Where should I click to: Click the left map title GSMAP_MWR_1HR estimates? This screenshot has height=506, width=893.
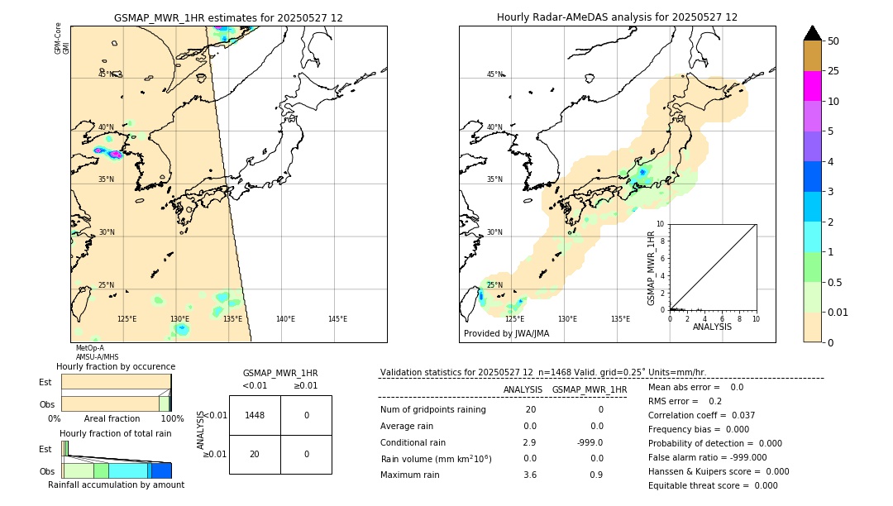coord(228,17)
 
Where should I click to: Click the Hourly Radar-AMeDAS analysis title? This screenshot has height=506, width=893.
coord(617,17)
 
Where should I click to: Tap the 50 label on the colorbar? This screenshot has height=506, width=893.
coord(833,41)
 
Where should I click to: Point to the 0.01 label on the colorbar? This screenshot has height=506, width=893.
coord(838,312)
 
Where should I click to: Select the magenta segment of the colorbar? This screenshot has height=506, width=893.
coord(813,86)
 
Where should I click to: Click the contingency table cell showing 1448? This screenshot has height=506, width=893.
coord(255,415)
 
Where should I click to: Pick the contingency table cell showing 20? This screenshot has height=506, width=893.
coord(255,454)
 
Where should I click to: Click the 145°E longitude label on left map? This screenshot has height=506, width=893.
coord(337,319)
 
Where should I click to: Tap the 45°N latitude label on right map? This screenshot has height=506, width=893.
coord(494,74)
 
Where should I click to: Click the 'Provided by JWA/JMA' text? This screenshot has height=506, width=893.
coord(506,334)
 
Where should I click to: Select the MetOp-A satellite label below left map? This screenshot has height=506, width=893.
coord(89,348)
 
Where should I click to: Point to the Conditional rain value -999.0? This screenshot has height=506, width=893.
coord(590,442)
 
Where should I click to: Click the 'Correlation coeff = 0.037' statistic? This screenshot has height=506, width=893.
coord(701,415)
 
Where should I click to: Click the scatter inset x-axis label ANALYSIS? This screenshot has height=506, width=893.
coord(712,327)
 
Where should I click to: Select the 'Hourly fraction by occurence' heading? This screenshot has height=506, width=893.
coord(116,366)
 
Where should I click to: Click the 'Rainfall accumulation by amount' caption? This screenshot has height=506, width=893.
coord(116,485)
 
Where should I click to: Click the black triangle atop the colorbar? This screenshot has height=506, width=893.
coord(813,33)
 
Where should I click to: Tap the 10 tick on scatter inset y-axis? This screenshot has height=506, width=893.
coord(660,224)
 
